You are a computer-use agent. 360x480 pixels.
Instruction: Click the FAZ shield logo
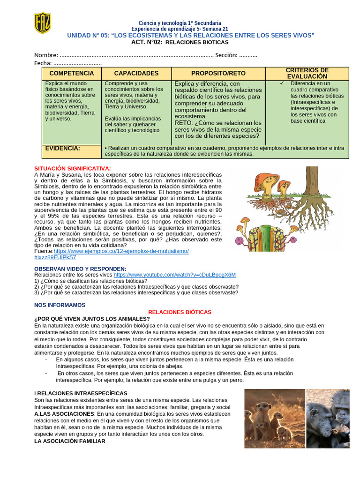(42, 22)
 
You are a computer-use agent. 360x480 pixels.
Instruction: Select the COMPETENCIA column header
(71, 74)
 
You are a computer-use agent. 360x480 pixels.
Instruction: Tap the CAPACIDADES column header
(136, 74)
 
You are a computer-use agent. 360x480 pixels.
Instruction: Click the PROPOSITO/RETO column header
(218, 74)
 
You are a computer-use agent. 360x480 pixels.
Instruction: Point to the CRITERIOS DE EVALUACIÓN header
(307, 73)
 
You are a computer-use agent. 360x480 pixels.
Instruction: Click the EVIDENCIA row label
(62, 148)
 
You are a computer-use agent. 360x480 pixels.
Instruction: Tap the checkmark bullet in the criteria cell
(281, 83)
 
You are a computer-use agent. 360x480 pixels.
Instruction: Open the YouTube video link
(174, 275)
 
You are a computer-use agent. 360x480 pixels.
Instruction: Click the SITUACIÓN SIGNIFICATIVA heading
(73, 168)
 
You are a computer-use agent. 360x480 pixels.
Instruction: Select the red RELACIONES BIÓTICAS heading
(180, 312)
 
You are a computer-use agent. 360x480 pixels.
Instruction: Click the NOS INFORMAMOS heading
(60, 305)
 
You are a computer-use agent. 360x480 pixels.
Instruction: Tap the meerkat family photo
(274, 418)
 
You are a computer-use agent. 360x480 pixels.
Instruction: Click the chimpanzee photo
(328, 418)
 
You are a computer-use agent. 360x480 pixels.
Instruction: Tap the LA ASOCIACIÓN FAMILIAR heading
(70, 441)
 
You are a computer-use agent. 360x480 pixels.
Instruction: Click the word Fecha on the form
(43, 63)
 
